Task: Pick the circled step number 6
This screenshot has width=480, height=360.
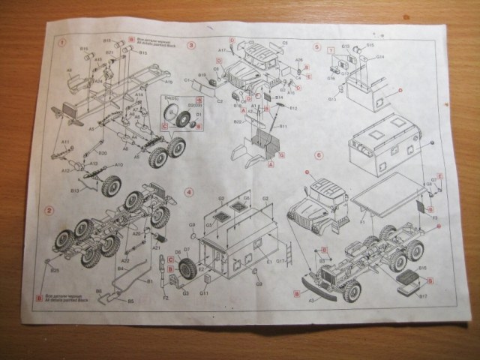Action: pyautogui.click(x=319, y=155)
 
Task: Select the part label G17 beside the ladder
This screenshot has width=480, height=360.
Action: pyautogui.click(x=279, y=260)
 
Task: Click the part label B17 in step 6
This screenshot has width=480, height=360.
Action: pyautogui.click(x=422, y=296)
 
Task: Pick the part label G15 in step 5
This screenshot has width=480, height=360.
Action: pyautogui.click(x=346, y=46)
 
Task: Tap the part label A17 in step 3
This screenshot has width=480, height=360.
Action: pyautogui.click(x=223, y=50)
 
